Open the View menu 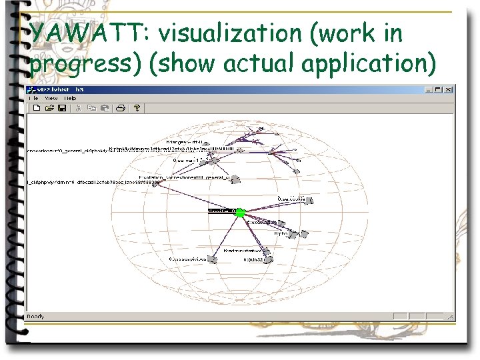[51, 98]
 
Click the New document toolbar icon [37, 108]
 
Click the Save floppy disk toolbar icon [62, 108]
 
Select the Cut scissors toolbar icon [79, 108]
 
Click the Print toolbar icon [121, 108]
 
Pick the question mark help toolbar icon [136, 108]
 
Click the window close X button [449, 89]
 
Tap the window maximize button [440, 89]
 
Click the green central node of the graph [240, 213]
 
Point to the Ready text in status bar [35, 316]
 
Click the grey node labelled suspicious [212, 259]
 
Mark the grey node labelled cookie [309, 201]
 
